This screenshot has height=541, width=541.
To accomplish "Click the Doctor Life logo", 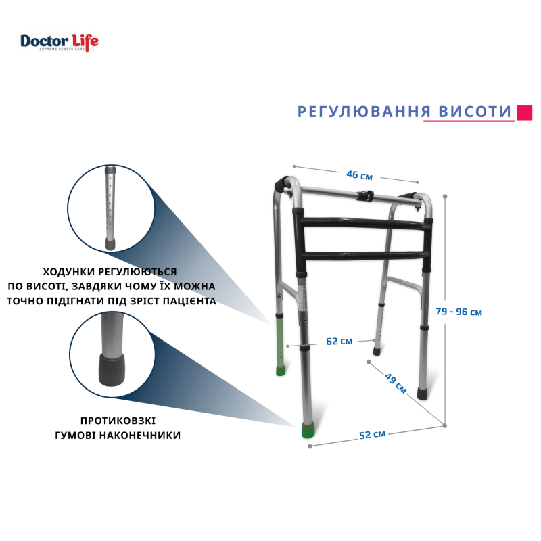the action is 60,43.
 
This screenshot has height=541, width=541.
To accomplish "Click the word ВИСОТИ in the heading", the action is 475,112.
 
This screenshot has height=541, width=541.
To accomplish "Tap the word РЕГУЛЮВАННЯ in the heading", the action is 364,112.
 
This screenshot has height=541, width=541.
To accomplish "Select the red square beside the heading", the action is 525,113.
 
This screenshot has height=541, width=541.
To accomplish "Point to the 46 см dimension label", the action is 360,175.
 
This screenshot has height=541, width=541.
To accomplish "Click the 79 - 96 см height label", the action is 458,312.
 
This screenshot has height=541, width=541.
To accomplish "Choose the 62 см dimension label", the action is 339,342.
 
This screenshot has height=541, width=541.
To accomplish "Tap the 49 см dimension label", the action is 396,383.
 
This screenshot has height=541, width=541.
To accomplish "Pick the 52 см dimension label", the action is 372,435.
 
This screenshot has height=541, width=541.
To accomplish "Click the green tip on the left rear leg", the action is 281,371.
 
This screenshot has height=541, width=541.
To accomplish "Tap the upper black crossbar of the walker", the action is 365,224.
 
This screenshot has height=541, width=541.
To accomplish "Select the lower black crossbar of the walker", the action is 366,256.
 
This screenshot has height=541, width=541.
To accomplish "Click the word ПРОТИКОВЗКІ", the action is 118,421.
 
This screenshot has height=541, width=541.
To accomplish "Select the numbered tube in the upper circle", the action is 110,208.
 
